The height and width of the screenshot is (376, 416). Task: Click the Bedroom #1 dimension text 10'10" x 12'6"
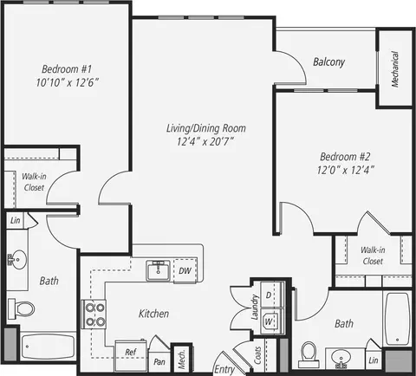click(x=67, y=82)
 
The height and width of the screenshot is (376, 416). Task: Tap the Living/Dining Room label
click(x=206, y=128)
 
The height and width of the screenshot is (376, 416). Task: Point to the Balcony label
click(x=329, y=62)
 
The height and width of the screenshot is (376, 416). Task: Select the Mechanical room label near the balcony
click(x=395, y=69)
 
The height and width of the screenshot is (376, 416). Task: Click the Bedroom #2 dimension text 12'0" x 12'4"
click(x=346, y=170)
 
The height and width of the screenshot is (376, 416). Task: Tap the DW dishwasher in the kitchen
click(x=185, y=270)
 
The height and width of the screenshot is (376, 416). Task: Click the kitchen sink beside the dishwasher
click(x=159, y=270)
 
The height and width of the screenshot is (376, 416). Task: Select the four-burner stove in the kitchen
click(x=94, y=314)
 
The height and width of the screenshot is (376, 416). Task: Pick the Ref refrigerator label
click(x=131, y=352)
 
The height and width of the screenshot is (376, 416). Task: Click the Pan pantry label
click(x=159, y=362)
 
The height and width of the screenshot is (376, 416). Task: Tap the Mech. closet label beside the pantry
click(x=181, y=359)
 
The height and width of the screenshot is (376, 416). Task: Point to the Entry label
click(x=224, y=369)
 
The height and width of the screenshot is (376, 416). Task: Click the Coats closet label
click(x=257, y=355)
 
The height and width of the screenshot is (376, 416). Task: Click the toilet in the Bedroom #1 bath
click(x=21, y=308)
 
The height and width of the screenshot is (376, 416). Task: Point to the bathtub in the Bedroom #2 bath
click(x=397, y=319)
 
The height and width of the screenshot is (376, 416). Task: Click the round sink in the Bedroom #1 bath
click(x=17, y=259)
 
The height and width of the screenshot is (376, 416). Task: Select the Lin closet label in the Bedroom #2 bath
click(x=374, y=360)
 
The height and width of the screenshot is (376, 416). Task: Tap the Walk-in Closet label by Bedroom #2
click(x=373, y=256)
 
